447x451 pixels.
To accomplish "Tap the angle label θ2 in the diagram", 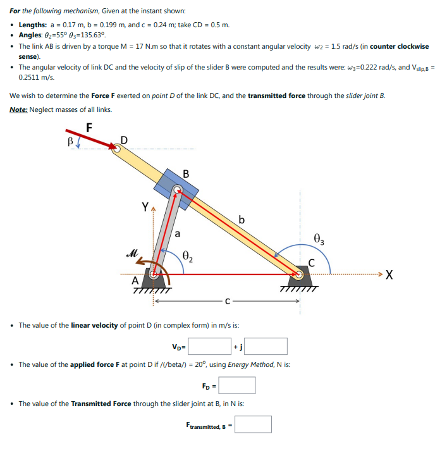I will coord(188,256).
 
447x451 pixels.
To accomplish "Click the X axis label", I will coord(389,275).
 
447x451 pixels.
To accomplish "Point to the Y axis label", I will coord(145,206).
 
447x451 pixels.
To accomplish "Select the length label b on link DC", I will coord(242,219).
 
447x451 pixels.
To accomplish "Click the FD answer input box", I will coord(237,385).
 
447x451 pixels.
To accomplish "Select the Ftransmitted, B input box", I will coord(253,424).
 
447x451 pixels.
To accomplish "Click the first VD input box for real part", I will coord(209,346).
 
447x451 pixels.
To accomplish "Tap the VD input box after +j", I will coord(266,346).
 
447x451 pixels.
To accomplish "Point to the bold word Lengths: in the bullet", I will coord(36,25).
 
